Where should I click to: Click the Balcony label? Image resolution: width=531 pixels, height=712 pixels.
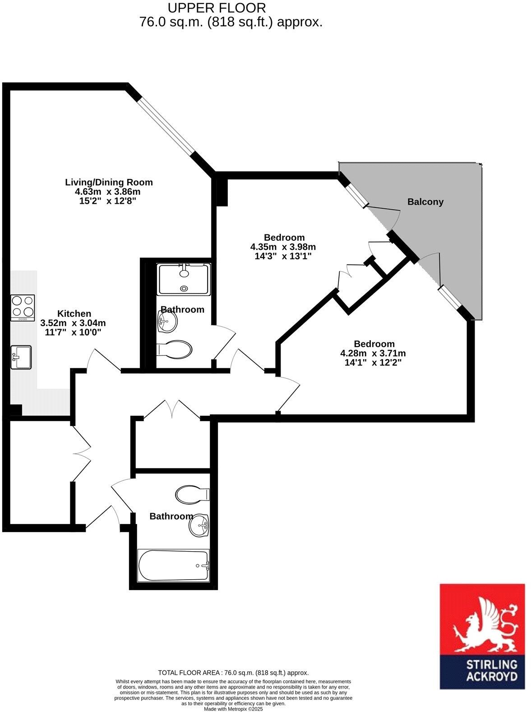(425, 202)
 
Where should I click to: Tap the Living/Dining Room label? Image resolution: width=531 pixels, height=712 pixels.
(109, 183)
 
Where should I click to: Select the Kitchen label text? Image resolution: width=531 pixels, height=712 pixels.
(74, 314)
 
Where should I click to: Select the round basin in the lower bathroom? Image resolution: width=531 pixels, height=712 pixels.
(199, 525)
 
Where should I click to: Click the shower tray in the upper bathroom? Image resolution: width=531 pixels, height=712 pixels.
(184, 279)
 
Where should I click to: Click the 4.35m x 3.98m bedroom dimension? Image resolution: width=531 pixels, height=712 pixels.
(283, 247)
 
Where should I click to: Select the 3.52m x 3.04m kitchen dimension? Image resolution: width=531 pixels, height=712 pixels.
(73, 323)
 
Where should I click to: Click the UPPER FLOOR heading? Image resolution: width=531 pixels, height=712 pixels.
(217, 8)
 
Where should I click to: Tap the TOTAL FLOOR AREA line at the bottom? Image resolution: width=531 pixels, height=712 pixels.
(233, 673)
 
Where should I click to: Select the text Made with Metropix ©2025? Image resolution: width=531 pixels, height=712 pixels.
(233, 709)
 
